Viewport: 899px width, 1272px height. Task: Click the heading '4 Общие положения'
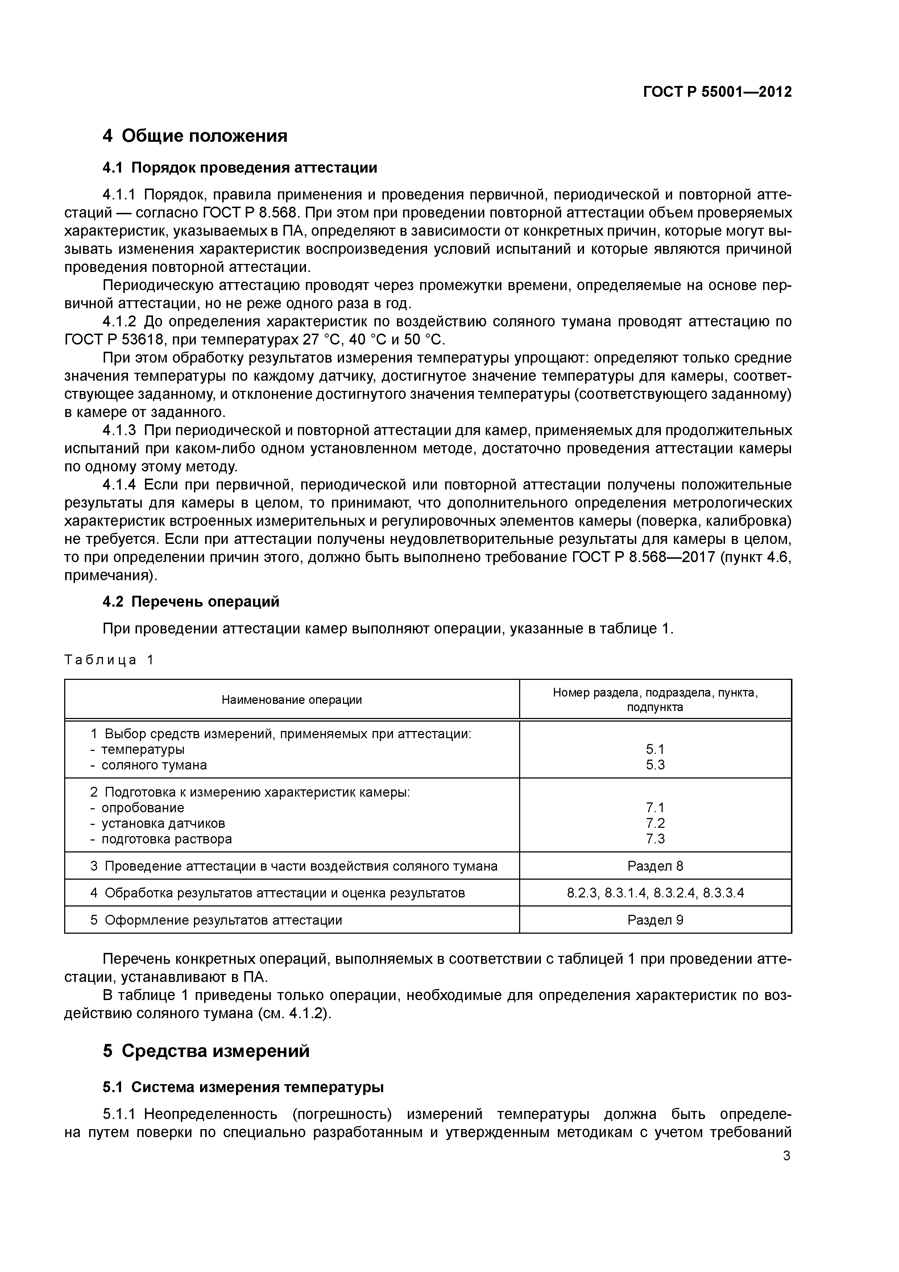195,136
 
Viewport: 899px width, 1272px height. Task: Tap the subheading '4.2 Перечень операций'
191,602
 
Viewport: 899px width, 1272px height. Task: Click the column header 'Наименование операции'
291,700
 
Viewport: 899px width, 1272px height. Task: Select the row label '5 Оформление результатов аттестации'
216,920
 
